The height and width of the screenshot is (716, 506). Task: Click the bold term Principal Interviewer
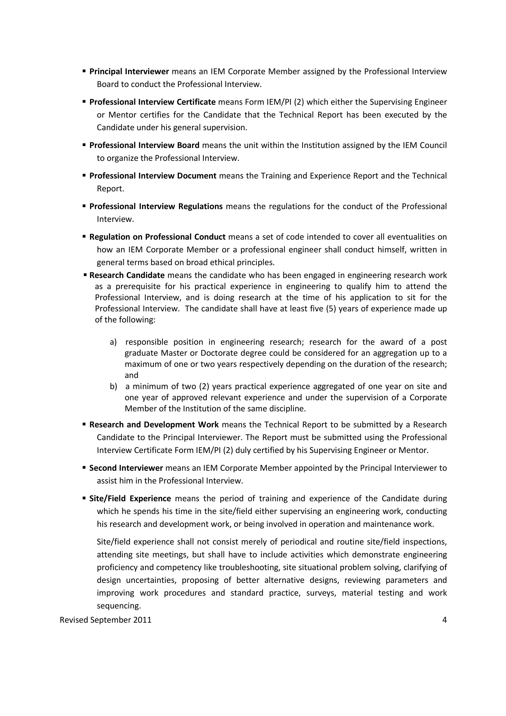pyautogui.click(x=129, y=71)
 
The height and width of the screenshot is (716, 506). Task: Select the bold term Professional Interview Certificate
pyautogui.click(x=152, y=102)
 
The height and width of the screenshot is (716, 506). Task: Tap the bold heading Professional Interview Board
pyautogui.click(x=144, y=145)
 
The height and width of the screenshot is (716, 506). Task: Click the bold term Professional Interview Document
pyautogui.click(x=153, y=176)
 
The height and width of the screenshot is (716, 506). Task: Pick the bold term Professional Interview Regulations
pyautogui.click(x=156, y=207)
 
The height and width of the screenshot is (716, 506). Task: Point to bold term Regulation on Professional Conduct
pyautogui.click(x=157, y=237)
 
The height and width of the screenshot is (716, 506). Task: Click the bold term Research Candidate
pyautogui.click(x=127, y=275)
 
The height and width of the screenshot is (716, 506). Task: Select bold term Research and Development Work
pyautogui.click(x=154, y=425)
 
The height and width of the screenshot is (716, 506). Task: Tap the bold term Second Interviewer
pyautogui.click(x=126, y=468)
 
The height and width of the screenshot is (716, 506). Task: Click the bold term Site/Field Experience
pyautogui.click(x=130, y=499)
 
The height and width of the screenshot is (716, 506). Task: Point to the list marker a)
pyautogui.click(x=113, y=342)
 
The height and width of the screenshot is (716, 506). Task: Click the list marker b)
pyautogui.click(x=113, y=387)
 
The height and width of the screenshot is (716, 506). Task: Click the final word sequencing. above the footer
pyautogui.click(x=119, y=606)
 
